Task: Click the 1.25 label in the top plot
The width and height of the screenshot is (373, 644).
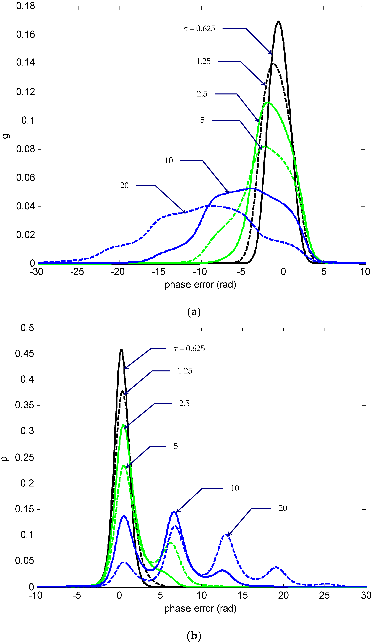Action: click(203, 61)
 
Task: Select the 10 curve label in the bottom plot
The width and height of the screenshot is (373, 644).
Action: click(235, 488)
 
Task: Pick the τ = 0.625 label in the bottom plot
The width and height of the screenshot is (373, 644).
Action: click(189, 349)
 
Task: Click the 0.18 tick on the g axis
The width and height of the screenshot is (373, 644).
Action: click(25, 6)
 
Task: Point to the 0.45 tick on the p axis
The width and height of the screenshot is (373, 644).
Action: click(24, 354)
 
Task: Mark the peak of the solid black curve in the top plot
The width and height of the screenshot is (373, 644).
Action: click(278, 21)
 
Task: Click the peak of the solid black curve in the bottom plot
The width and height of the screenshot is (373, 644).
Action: click(121, 350)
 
